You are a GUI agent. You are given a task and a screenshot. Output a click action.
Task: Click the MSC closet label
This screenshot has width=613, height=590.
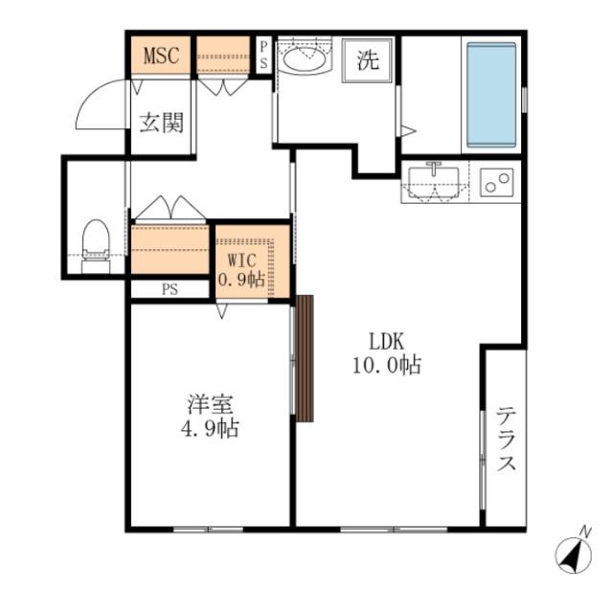tap(162, 56)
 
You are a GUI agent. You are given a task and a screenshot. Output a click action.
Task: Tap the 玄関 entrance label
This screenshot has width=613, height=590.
tap(162, 123)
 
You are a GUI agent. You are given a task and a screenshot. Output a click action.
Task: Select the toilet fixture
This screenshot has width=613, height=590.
tap(96, 247)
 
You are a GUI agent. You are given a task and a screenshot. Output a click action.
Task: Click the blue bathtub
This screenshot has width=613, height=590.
tap(491, 95)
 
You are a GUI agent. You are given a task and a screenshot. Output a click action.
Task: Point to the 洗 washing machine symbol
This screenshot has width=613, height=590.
tap(367, 60)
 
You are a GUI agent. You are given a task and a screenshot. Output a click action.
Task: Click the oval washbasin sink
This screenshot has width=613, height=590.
tap(305, 59)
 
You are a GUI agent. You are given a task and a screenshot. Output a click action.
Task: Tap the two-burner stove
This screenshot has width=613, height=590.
tap(496, 182)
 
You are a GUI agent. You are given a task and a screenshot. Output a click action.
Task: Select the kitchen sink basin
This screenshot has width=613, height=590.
tap(434, 182)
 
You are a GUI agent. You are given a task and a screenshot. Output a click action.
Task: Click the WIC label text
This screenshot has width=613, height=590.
tap(242, 260)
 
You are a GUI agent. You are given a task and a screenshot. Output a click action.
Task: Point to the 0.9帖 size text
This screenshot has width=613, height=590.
tap(241, 279)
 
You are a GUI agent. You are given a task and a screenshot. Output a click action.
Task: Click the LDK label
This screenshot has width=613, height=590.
tap(387, 341)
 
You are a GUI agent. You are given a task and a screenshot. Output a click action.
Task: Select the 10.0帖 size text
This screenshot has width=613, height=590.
tap(387, 366)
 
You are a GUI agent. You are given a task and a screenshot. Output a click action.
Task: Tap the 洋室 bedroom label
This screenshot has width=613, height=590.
tap(210, 405)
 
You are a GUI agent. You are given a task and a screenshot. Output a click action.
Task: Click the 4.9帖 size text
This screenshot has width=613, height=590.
tap(210, 428)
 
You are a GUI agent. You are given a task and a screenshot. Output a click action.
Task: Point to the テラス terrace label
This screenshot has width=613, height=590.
tap(507, 439)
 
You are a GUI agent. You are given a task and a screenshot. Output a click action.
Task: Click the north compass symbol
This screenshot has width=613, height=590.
tap(574, 553)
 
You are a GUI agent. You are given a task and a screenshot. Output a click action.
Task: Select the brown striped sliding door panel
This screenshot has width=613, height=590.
tap(305, 358)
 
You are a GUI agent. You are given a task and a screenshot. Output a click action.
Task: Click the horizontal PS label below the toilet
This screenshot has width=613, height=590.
tap(170, 289)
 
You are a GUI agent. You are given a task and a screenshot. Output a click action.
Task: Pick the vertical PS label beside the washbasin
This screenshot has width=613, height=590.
tap(264, 56)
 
